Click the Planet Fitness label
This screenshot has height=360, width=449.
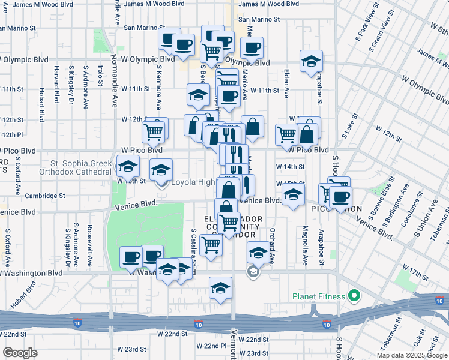pos(318,296)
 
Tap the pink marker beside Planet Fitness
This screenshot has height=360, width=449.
pos(354,296)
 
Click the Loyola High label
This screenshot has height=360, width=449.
pos(194,182)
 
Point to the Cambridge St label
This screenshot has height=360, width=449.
pos(45,196)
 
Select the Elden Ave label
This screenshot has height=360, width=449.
pos(287,85)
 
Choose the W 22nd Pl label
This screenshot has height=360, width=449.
pos(214,346)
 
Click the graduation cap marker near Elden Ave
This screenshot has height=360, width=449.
pos(311,61)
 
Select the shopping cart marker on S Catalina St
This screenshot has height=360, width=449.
pos(211,244)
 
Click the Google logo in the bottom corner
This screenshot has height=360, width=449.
pos(20,353)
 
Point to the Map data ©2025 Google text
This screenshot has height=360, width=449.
pos(412,355)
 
